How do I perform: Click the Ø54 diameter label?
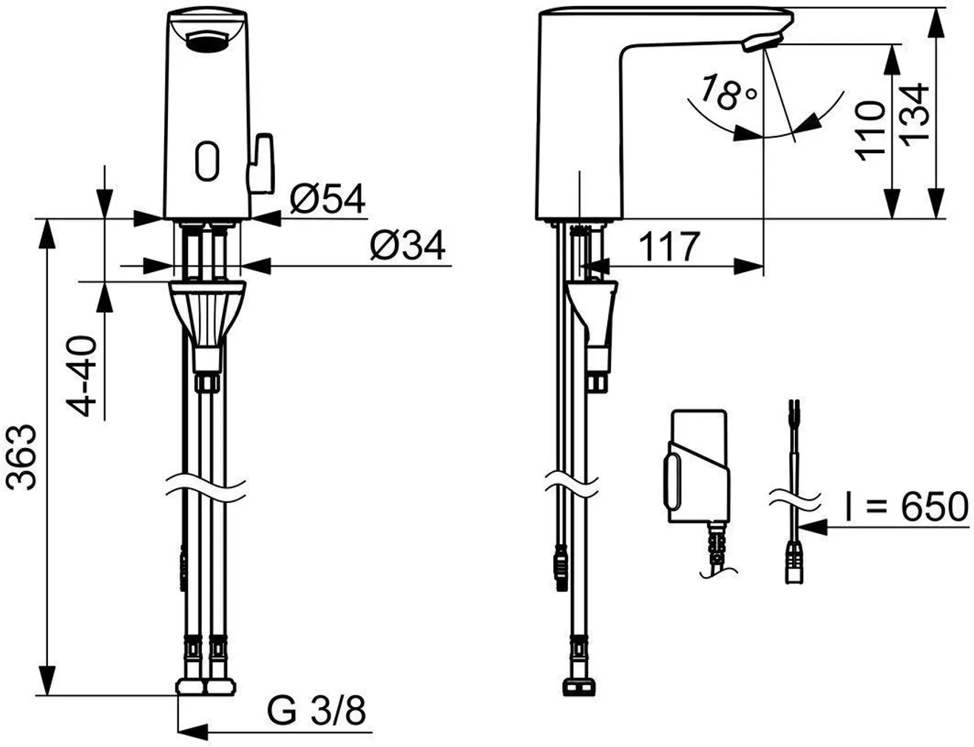point(327,198)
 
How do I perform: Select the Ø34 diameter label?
point(407,246)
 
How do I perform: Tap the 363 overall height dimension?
point(21,457)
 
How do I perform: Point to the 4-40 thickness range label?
point(81,376)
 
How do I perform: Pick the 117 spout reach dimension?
point(669,246)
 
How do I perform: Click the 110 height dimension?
point(870,131)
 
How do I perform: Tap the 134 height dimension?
point(915,115)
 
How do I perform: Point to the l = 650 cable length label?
point(906,507)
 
